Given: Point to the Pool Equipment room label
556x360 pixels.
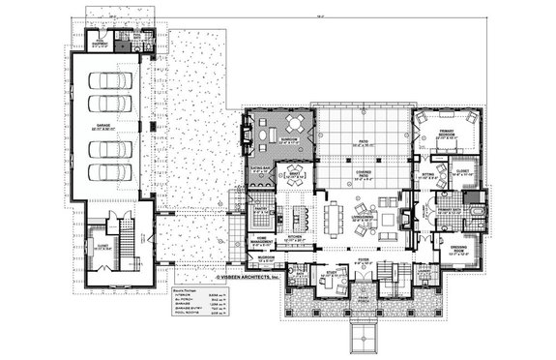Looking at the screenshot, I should (x=99, y=45).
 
